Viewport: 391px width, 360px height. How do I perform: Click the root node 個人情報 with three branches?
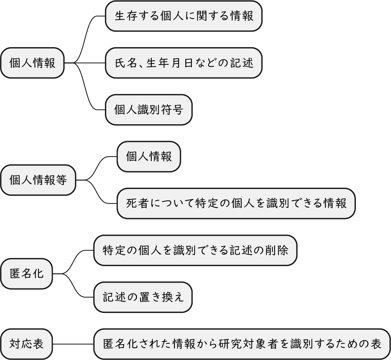point(32,63)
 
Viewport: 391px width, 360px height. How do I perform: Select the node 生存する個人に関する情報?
point(184,16)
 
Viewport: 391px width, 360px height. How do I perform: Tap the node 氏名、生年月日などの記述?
point(184,63)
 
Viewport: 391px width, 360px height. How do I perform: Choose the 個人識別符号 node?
point(149,110)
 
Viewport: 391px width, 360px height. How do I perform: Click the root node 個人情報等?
point(38,180)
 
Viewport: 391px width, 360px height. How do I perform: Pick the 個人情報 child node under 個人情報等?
point(149,157)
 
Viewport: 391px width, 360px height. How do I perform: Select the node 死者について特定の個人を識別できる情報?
point(236,203)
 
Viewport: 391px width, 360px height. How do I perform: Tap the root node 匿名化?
point(26,274)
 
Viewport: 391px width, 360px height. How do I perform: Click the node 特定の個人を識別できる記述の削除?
point(195,250)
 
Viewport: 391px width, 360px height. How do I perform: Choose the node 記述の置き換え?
point(143,297)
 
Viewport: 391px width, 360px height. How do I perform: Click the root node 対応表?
point(26,344)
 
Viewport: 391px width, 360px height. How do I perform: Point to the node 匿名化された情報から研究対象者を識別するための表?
point(242,344)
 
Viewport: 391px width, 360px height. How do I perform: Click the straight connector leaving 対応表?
point(73,344)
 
